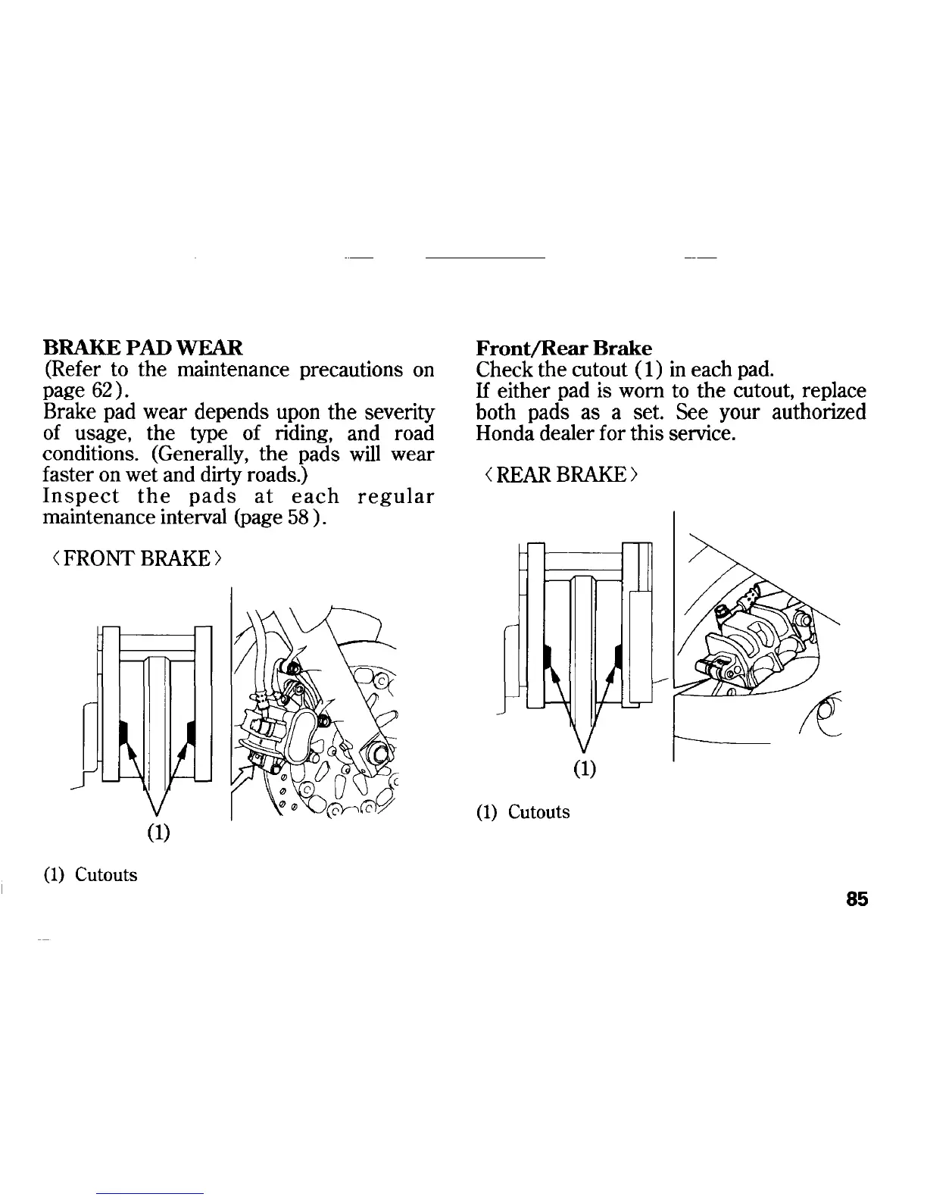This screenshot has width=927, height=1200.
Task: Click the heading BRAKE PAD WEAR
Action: tap(144, 348)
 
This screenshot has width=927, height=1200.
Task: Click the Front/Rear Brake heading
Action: tap(563, 348)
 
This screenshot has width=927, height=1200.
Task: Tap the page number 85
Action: tap(857, 899)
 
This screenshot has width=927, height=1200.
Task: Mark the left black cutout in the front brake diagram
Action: tap(123, 733)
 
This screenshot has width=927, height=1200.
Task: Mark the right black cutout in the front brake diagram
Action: tap(191, 733)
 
